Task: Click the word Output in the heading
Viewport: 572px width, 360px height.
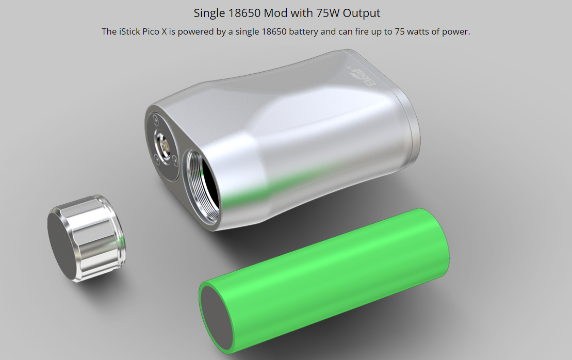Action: (361, 13)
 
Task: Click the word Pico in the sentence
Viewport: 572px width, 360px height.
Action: (151, 32)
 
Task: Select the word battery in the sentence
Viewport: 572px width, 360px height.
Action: (303, 32)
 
